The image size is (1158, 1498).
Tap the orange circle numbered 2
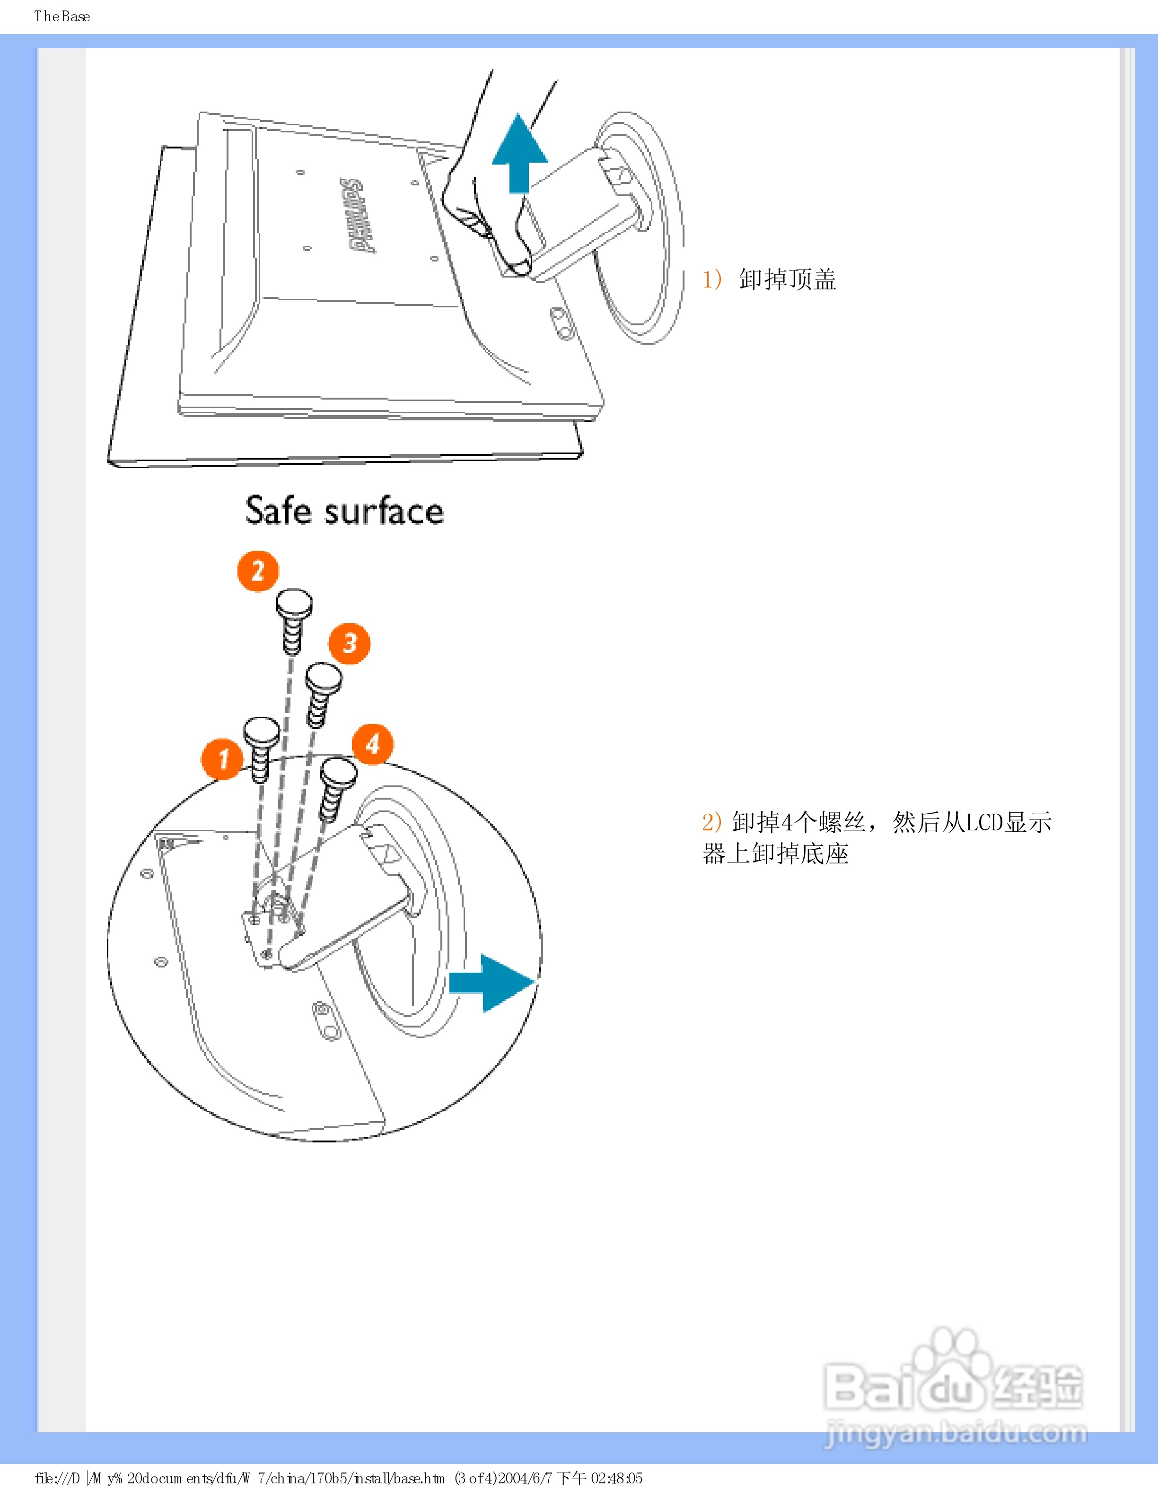[258, 571]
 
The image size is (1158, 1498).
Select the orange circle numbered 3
[349, 644]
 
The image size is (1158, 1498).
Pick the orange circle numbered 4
[372, 743]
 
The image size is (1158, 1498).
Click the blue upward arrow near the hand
[519, 154]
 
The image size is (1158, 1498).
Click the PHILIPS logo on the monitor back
[358, 215]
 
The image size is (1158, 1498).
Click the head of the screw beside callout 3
[323, 678]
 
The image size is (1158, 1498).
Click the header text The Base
[62, 17]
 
